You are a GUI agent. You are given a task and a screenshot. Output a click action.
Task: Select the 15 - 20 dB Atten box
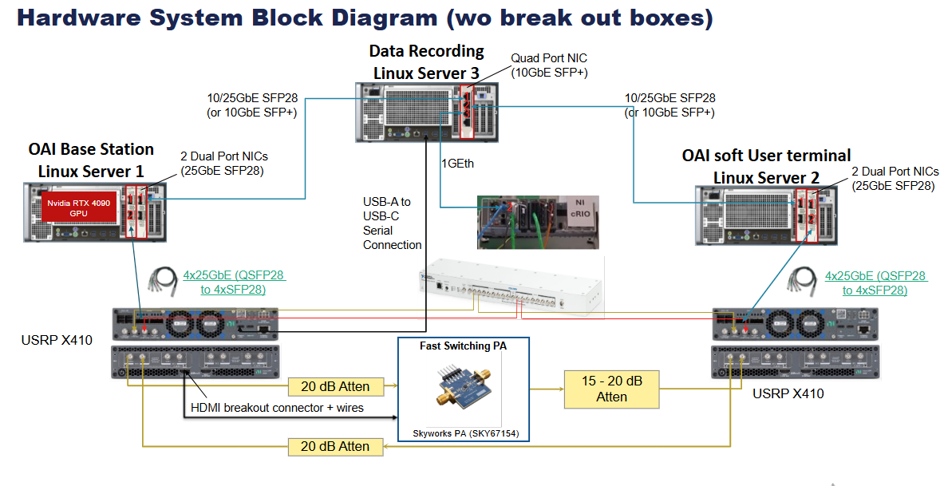[x=611, y=389]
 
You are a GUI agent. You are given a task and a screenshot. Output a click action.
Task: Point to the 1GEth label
[x=457, y=163]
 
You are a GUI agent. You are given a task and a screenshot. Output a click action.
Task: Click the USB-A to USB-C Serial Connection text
[x=392, y=223]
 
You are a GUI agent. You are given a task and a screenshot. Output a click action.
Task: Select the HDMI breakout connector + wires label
[x=277, y=408]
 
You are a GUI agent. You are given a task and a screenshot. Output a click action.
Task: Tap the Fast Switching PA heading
[x=463, y=346]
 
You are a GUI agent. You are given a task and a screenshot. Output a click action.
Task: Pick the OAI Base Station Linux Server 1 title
[x=91, y=160]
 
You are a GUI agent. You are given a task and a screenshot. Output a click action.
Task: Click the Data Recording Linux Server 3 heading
[x=426, y=61]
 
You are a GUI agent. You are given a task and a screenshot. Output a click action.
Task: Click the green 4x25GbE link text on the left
[x=234, y=283]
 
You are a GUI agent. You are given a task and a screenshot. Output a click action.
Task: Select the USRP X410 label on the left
[x=57, y=341]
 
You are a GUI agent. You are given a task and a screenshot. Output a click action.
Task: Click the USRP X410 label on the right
[x=788, y=393]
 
